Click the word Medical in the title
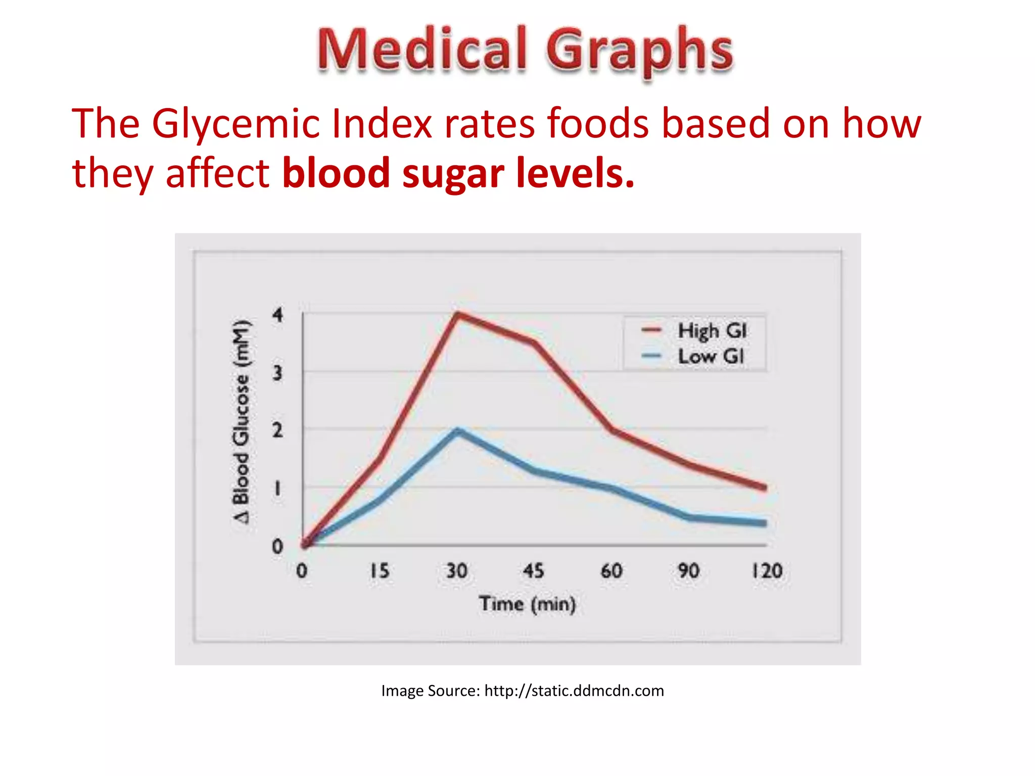[x=422, y=50]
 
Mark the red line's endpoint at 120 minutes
[x=765, y=487]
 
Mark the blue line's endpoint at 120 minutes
[x=765, y=523]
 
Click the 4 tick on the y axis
[x=277, y=315]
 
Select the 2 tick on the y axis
[x=277, y=431]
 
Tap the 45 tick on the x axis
[x=534, y=571]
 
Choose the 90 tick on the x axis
[x=689, y=571]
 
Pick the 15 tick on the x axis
[x=380, y=571]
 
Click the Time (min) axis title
[x=527, y=604]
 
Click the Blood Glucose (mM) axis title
[x=241, y=422]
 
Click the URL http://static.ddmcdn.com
[x=574, y=691]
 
